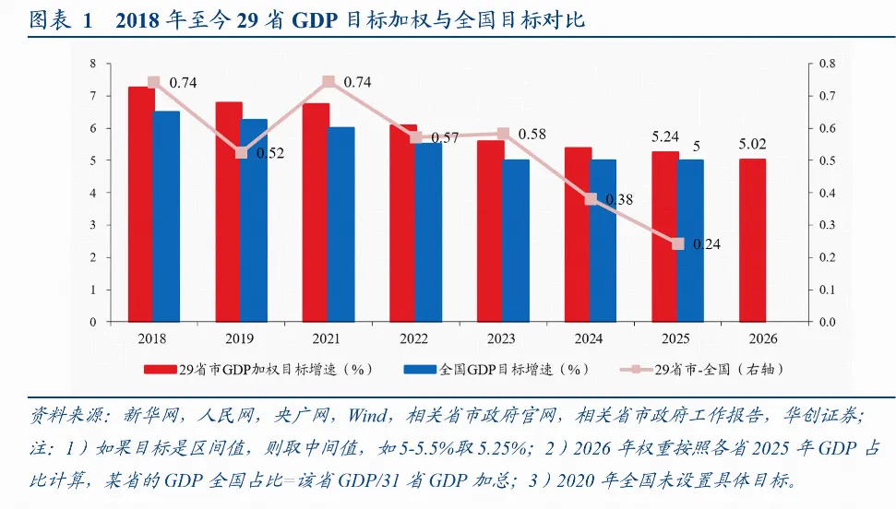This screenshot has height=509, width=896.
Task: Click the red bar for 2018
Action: [x=140, y=204]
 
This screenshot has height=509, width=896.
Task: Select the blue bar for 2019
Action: [x=254, y=220]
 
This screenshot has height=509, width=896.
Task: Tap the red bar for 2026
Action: [x=752, y=240]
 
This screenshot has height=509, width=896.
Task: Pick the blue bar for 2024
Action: [x=603, y=241]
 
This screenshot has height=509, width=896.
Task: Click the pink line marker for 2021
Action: [x=329, y=82]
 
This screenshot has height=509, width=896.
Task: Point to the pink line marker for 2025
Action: [x=678, y=243]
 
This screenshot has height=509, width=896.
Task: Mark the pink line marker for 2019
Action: [x=242, y=153]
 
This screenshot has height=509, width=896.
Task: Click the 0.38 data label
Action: [x=619, y=200]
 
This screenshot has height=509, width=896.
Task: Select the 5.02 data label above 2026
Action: [x=752, y=144]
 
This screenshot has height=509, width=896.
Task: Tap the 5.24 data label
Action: [x=665, y=136]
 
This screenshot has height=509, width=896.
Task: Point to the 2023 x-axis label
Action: [x=503, y=338]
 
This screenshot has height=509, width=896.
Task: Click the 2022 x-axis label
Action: [x=415, y=338]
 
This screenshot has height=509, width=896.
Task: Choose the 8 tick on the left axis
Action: [x=92, y=64]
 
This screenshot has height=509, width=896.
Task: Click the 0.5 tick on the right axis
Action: [x=827, y=160]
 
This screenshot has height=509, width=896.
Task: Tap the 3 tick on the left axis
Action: [x=92, y=226]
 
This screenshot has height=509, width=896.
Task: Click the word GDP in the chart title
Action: [x=322, y=20]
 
